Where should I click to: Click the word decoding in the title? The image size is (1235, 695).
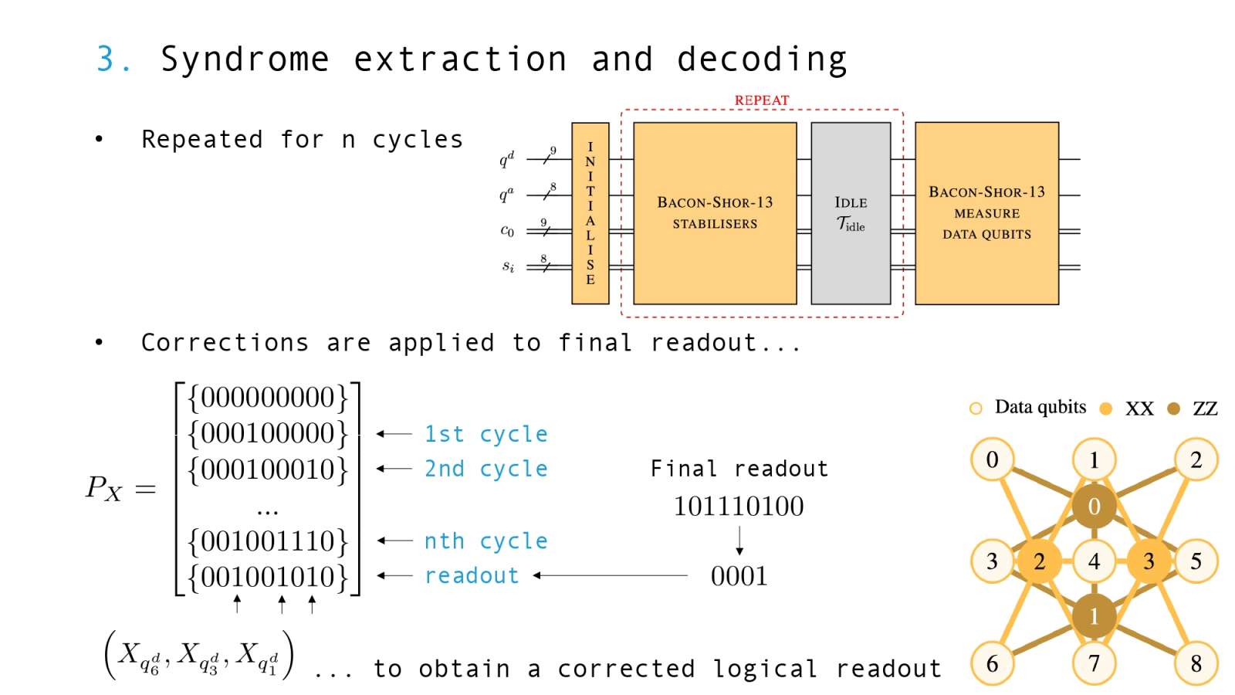tap(761, 59)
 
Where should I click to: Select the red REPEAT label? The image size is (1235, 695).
tap(761, 100)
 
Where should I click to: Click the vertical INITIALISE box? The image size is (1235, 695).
tap(590, 213)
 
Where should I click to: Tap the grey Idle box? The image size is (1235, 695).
tap(850, 213)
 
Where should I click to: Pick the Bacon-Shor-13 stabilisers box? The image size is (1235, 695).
tap(714, 213)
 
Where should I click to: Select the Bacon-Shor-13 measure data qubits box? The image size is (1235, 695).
tap(986, 213)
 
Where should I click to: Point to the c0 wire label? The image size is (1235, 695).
tap(507, 230)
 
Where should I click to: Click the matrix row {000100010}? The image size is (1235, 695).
tap(268, 470)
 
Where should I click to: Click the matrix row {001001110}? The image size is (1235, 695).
tap(268, 541)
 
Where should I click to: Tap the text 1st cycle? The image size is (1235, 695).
tap(486, 434)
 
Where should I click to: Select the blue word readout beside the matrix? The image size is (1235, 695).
tap(472, 576)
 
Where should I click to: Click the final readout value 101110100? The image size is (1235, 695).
tap(739, 507)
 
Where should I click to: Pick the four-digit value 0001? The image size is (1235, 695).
tap(739, 576)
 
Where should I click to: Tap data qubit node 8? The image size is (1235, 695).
tap(1196, 663)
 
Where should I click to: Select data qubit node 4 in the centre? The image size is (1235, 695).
tap(1094, 561)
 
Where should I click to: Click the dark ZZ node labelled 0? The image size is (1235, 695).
tap(1094, 507)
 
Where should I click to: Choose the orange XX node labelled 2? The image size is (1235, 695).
tap(1039, 561)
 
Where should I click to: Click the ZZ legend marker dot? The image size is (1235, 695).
tap(1173, 409)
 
